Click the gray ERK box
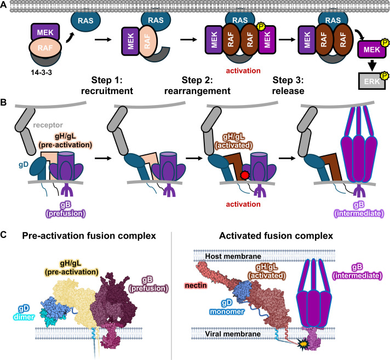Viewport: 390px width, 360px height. click(371, 81)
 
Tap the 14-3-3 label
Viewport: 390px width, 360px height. click(41, 73)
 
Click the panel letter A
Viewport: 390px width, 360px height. click(3, 4)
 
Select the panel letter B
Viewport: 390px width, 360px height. click(3, 102)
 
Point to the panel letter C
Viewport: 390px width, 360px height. click(3, 235)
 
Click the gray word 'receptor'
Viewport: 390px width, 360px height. click(48, 125)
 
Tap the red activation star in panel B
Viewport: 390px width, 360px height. click(245, 176)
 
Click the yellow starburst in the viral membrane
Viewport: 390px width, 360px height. click(303, 344)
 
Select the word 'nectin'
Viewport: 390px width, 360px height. click(196, 286)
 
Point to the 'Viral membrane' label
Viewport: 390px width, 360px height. click(233, 334)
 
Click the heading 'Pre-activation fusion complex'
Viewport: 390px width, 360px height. click(89, 236)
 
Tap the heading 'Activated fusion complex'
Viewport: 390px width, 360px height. click(276, 236)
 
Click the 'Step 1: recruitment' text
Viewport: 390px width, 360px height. click(107, 85)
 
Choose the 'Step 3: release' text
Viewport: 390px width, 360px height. click(288, 85)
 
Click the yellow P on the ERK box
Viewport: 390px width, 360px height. click(385, 76)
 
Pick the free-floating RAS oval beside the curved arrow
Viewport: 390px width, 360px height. click(86, 20)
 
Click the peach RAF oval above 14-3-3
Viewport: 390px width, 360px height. click(45, 48)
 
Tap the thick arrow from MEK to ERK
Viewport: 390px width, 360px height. click(372, 65)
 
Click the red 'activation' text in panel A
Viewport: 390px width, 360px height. click(243, 71)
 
